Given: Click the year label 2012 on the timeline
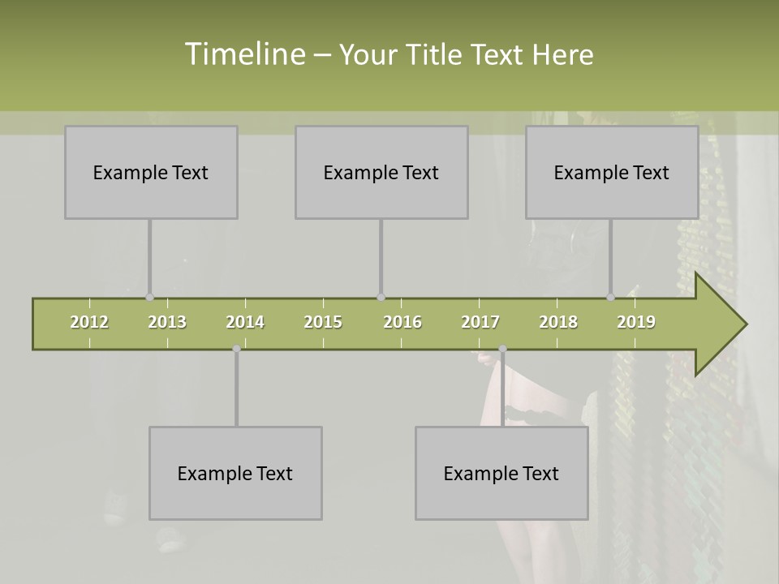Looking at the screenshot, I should (x=89, y=322).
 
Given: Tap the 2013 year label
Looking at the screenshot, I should (x=167, y=322).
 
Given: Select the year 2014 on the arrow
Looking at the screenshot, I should (x=245, y=322).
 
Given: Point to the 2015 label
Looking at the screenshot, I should (x=323, y=322).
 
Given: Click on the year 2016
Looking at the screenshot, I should (x=402, y=322).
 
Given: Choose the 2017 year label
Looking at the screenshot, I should (x=480, y=322).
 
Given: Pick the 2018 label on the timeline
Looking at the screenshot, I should (x=558, y=322).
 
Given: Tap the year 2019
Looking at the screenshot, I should (x=636, y=322).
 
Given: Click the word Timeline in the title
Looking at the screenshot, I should (x=243, y=54).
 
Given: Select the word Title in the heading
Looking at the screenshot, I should (x=436, y=54).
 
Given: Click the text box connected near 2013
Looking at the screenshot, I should (x=151, y=172).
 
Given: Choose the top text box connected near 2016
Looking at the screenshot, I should (x=381, y=172).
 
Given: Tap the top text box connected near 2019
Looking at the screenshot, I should (x=612, y=172).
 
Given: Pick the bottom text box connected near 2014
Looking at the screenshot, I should (x=235, y=473).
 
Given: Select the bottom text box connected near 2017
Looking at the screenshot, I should (x=501, y=473).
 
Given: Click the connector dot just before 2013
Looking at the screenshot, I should (x=149, y=298).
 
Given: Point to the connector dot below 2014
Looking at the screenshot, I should (x=236, y=349).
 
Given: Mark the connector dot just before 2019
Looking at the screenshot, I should (x=610, y=298).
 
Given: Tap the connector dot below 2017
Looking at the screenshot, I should (x=502, y=349).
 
